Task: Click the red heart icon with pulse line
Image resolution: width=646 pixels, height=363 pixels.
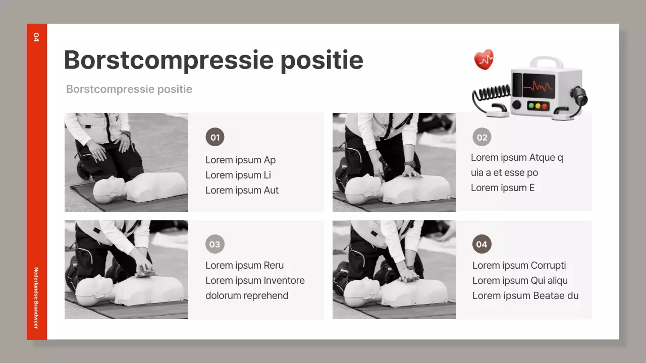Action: (x=483, y=59)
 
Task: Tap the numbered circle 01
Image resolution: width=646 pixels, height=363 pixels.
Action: (x=215, y=137)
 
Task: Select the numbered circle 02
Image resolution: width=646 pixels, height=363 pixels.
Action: (x=481, y=137)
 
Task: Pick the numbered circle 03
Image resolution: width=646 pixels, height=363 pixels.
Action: (x=215, y=244)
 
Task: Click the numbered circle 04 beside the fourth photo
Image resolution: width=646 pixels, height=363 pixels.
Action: (x=481, y=244)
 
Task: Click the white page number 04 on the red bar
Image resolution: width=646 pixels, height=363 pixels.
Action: (x=36, y=37)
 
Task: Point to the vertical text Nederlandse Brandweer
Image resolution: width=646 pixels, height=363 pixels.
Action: (x=36, y=298)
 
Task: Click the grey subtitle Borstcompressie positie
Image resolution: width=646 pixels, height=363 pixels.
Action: (x=129, y=89)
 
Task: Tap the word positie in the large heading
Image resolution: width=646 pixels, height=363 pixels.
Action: (x=322, y=60)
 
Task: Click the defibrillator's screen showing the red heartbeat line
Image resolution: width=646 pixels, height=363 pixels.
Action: (x=539, y=86)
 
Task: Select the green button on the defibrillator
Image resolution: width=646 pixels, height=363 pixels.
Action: (x=531, y=106)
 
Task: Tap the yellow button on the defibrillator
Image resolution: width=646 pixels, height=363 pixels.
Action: (x=538, y=106)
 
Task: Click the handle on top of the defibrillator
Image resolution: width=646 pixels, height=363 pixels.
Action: (x=547, y=62)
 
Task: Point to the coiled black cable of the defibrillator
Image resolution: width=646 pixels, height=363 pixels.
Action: (x=492, y=94)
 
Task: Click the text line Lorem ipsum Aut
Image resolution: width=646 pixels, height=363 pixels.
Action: (x=242, y=190)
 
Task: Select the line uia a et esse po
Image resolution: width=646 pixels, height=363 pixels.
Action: (x=504, y=172)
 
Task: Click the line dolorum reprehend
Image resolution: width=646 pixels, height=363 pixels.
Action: (x=247, y=295)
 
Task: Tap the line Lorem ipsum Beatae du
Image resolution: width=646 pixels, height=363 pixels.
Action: (x=525, y=295)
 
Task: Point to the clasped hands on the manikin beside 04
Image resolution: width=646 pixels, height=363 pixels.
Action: (x=409, y=275)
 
